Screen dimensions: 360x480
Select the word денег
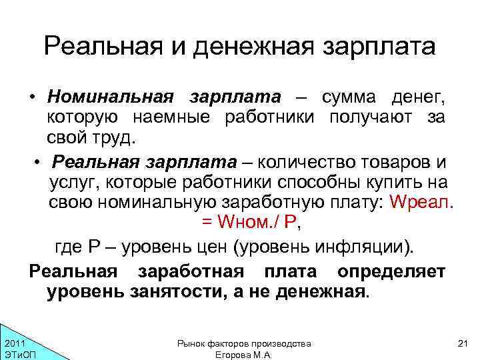418,97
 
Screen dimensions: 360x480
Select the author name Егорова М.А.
243,355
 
